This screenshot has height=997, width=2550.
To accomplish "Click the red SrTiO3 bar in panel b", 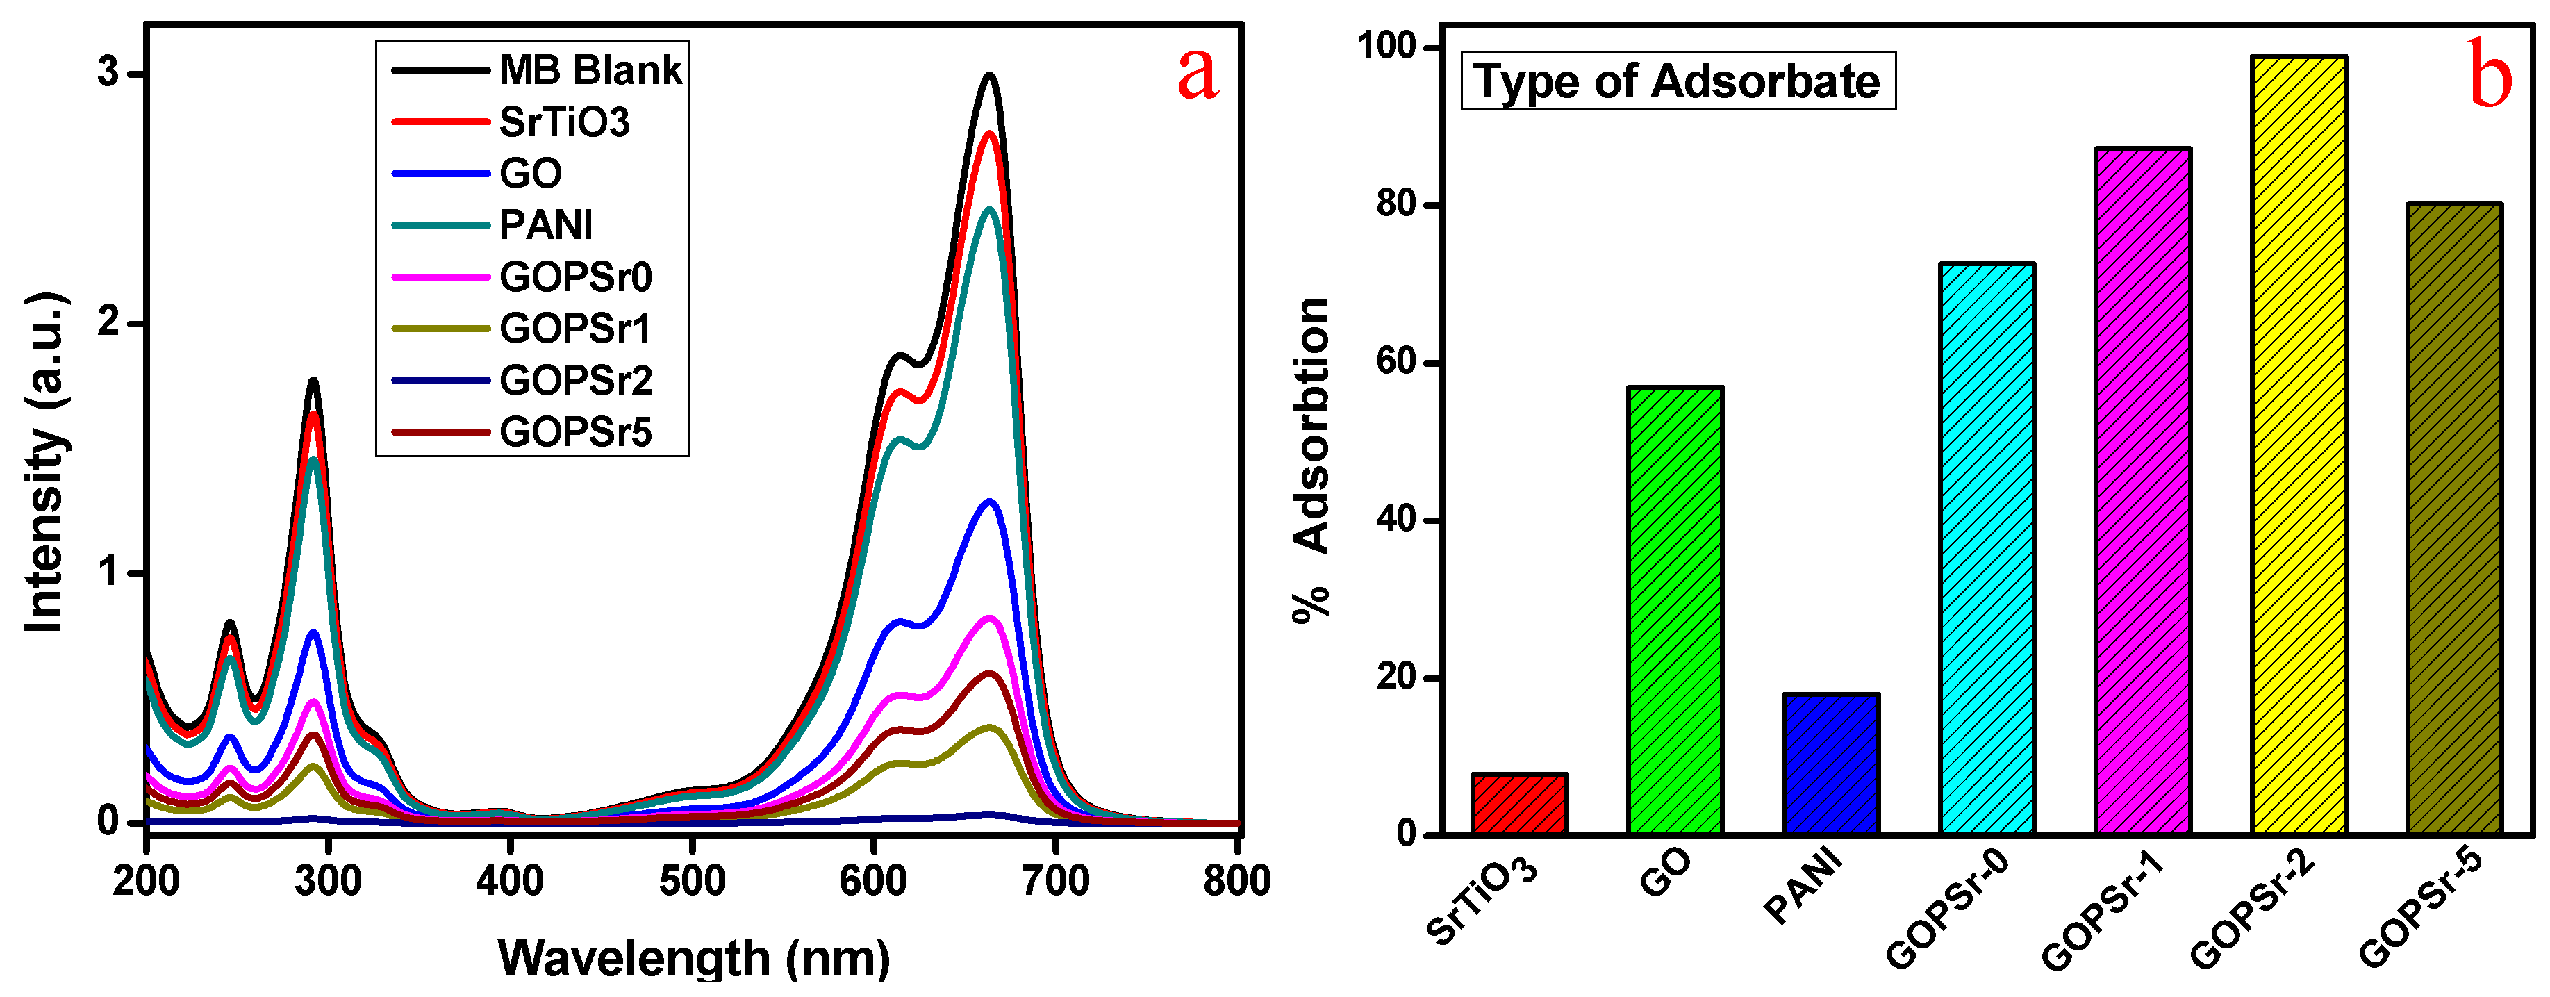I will point(1518,804).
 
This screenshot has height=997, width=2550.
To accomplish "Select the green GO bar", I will point(1675,611).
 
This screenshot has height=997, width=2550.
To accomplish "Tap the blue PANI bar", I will point(1831,764).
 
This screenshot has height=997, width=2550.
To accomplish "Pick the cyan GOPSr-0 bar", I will point(1987,550).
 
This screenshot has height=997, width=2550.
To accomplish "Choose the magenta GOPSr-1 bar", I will point(2143,491).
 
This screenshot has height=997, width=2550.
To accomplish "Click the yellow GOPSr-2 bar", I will point(2299,445).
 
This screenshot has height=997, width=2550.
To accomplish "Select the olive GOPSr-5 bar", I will point(2455,519).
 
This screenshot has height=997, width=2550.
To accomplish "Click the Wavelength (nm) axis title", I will point(693,957).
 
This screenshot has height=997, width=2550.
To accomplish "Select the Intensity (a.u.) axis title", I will point(44,462).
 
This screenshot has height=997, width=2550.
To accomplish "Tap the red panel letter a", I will point(1198,74).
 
